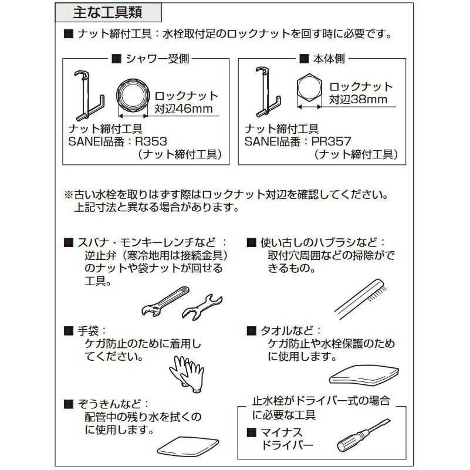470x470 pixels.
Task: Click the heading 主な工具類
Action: [x=107, y=12]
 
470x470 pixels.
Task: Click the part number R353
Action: [x=151, y=141]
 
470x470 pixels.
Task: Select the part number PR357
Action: [x=331, y=141]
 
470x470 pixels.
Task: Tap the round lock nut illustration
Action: [x=133, y=96]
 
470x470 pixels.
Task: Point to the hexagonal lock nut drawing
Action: [x=309, y=88]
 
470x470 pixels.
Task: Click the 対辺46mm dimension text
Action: [x=184, y=109]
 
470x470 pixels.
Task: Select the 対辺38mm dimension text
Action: [x=358, y=99]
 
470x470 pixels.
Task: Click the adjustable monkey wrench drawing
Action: [x=165, y=301]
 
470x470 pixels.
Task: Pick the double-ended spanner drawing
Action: [x=202, y=307]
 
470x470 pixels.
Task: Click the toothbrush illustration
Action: [x=361, y=299]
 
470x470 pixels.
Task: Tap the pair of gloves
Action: [x=187, y=374]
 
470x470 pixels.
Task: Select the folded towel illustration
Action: [x=364, y=375]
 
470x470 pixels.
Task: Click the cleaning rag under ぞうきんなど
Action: [x=188, y=446]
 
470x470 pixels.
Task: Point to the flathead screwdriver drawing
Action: [x=364, y=435]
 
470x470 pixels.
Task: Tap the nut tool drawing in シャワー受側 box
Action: [x=89, y=96]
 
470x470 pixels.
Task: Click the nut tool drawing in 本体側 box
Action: [x=268, y=92]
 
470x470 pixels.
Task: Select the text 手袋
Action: [x=88, y=331]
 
